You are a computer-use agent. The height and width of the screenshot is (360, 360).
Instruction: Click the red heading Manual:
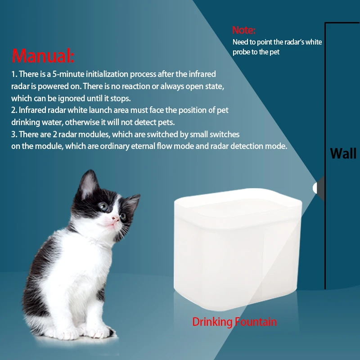coord(43,55)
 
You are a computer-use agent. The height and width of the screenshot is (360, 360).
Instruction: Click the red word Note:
coord(243,30)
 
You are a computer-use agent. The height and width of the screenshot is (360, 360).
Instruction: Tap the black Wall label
coord(343,153)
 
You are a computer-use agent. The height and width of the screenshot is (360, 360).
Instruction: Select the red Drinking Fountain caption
coord(234,322)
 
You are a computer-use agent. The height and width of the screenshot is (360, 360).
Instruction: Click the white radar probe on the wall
coord(315,188)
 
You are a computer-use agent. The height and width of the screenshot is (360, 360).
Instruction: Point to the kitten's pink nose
coord(116,218)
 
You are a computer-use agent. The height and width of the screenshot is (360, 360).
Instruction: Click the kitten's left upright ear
coord(88,184)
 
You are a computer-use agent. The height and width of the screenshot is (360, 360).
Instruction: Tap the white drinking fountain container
coord(238,249)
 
